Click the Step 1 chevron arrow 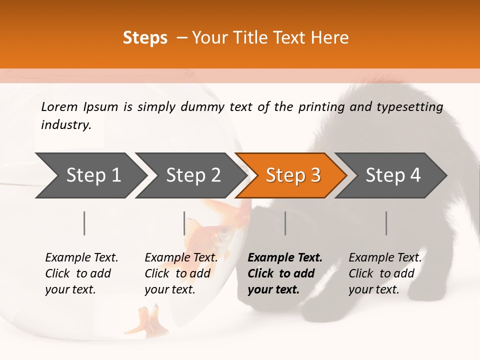click(x=90, y=175)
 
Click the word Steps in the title click(x=145, y=38)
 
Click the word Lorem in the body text click(x=59, y=106)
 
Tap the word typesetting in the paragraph click(x=409, y=107)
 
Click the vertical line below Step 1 click(x=84, y=223)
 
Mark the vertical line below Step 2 click(x=184, y=223)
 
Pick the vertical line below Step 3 click(x=285, y=223)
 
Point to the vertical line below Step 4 click(x=386, y=223)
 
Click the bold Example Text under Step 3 click(x=285, y=257)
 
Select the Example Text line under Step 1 click(x=81, y=257)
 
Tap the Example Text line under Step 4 click(x=385, y=257)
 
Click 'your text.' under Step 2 click(x=170, y=289)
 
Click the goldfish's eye click(x=223, y=232)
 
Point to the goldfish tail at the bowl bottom click(x=145, y=320)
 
